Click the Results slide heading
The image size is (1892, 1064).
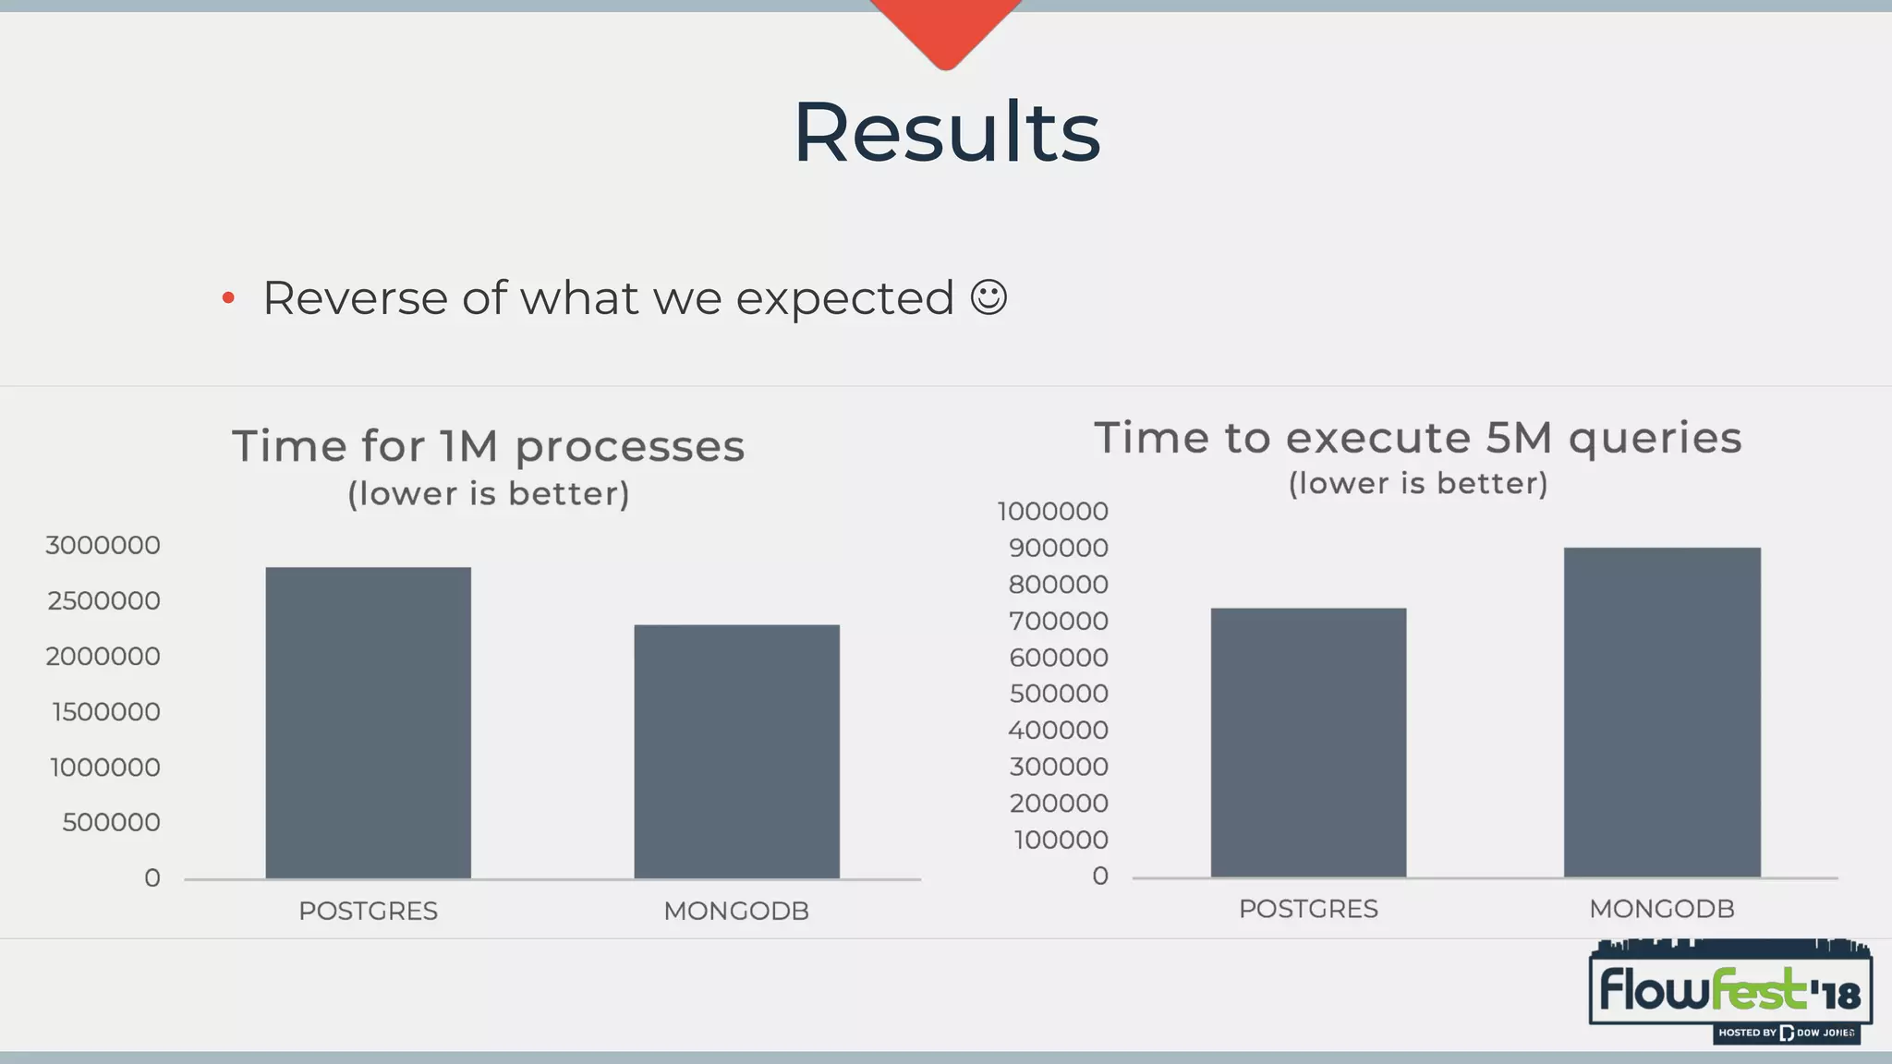pos(947,132)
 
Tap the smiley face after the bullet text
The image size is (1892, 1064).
pos(988,297)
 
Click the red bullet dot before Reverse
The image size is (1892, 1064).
pos(228,298)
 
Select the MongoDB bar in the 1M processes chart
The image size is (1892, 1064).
pos(736,751)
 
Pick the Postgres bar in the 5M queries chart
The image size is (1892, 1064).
pos(1308,742)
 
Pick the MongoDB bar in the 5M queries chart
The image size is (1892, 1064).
pos(1661,712)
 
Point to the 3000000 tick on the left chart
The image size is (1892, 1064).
pos(103,545)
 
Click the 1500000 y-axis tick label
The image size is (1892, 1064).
pos(105,711)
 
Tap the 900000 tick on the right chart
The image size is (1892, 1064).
pos(1058,548)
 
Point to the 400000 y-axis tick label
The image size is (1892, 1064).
pos(1058,730)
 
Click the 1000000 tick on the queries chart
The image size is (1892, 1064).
pos(1052,511)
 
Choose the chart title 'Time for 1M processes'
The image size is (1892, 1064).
pos(488,446)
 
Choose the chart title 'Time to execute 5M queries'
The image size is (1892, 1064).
pos(1417,438)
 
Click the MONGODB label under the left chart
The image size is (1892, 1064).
pos(736,911)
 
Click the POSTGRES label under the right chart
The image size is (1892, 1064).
pos(1308,909)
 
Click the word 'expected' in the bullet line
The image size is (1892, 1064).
pos(844,298)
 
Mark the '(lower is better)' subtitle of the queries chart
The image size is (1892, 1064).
pos(1417,483)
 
